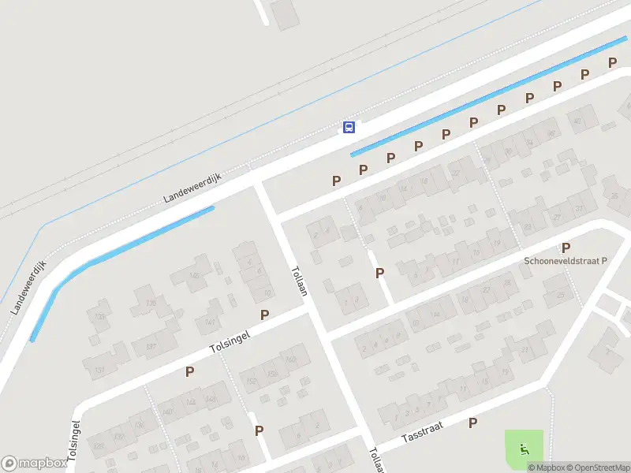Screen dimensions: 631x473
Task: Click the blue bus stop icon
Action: (349, 127)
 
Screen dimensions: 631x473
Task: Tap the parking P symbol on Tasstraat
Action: (472, 423)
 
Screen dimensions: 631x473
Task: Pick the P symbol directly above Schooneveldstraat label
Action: (566, 248)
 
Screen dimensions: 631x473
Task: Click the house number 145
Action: (194, 275)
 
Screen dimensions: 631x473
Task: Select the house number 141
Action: (210, 321)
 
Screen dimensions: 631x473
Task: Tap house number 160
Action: (291, 359)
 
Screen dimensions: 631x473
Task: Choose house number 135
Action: (150, 304)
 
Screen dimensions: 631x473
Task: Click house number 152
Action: (252, 382)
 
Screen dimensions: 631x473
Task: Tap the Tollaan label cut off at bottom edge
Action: (375, 461)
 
